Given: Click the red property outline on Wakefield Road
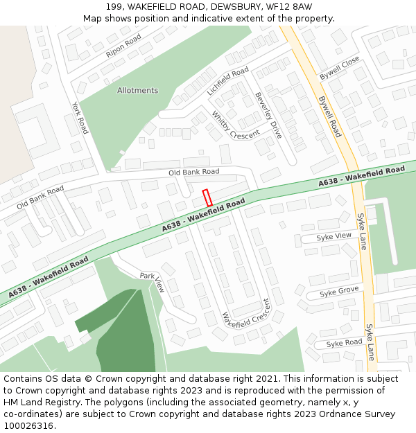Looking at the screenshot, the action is point(207,197).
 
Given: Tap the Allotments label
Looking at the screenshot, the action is point(137,91).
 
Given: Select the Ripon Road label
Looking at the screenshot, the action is point(123,45).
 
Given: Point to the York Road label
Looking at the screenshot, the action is point(80,118).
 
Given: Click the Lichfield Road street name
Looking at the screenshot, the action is point(227,82).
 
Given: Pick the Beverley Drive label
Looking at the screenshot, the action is point(268,115).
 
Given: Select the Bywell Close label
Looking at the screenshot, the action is point(340,67).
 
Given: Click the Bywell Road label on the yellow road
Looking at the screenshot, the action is point(330,116).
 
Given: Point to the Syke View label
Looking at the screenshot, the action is point(334,236).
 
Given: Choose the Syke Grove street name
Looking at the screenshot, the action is point(339,292).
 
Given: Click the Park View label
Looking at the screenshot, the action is point(152,282).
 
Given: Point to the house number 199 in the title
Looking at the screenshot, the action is point(115,6).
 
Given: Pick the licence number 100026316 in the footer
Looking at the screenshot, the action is point(28,426).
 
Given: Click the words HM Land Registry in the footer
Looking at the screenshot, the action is point(35,403).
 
